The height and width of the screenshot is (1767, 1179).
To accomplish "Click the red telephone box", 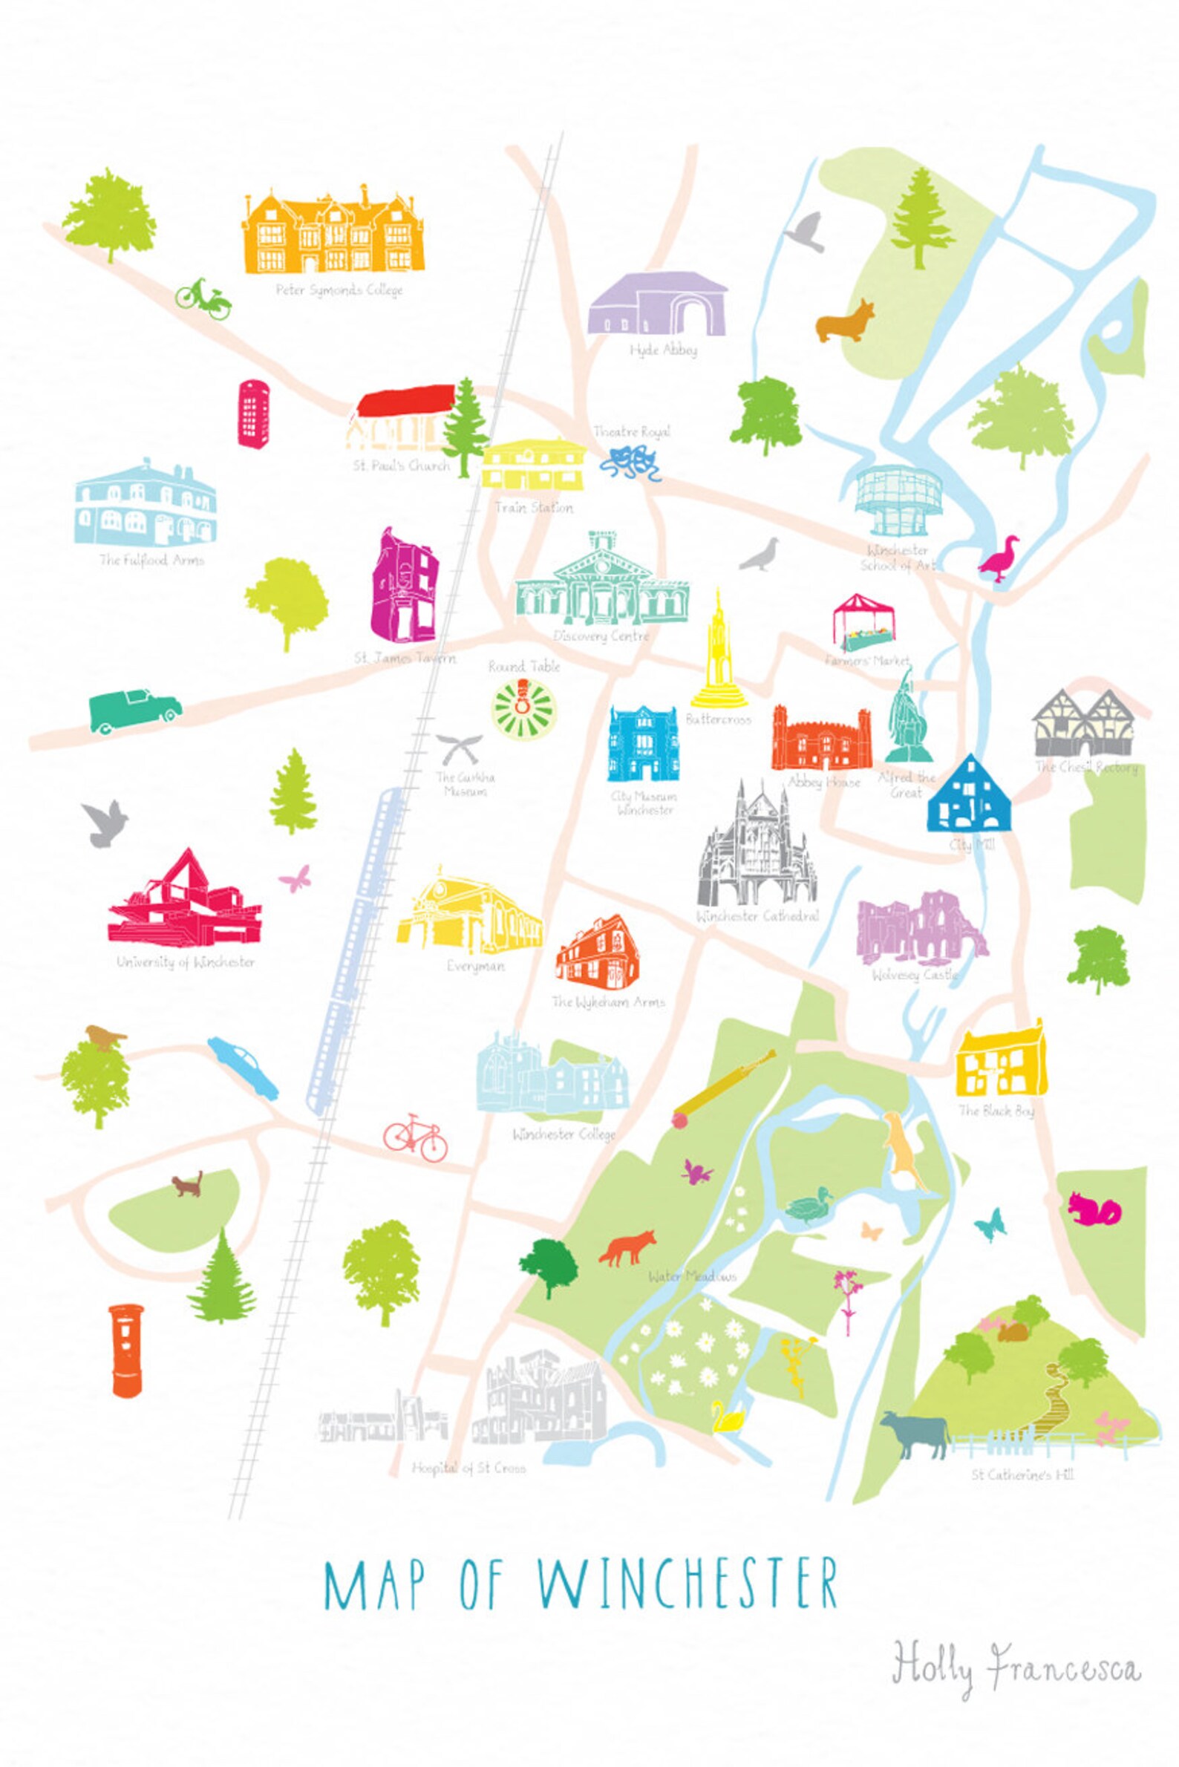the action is (254, 414).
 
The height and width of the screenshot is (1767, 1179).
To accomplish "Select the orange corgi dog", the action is (846, 321).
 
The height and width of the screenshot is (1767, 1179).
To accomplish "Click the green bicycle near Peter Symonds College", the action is (203, 298).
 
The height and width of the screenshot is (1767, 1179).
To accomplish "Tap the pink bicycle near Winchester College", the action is (416, 1137).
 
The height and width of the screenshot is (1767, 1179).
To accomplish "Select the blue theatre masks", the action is (631, 463).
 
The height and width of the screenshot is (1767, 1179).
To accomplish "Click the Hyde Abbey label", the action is (663, 350).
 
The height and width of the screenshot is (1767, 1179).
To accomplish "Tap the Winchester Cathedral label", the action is (757, 917).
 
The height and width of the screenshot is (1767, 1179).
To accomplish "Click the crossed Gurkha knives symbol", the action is (459, 748).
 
